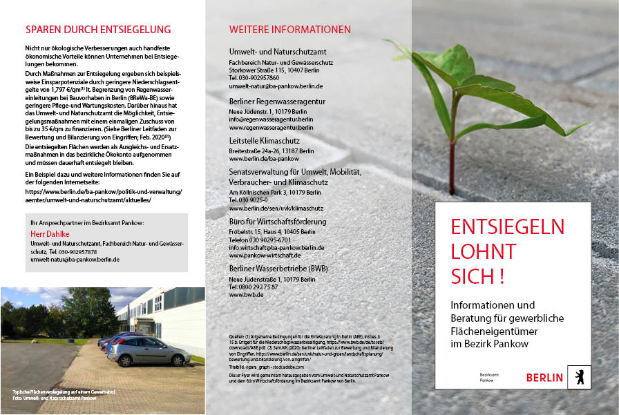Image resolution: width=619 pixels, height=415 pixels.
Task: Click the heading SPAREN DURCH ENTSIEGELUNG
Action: click(97, 30)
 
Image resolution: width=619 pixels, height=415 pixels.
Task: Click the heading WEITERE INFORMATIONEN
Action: click(290, 30)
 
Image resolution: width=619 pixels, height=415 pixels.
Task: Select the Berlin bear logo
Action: click(579, 376)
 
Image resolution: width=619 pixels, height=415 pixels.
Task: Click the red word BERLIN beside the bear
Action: click(544, 378)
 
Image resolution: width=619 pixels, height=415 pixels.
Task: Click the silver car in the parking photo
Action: click(149, 351)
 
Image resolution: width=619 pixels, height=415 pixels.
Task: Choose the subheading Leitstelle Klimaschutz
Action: click(265, 141)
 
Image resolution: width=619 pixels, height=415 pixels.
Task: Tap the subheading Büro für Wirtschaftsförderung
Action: click(278, 222)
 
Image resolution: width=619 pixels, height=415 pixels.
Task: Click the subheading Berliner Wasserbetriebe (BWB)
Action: click(278, 269)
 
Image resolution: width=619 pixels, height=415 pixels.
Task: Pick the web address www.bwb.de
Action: click(247, 295)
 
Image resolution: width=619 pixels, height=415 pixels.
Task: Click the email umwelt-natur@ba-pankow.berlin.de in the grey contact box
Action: click(75, 260)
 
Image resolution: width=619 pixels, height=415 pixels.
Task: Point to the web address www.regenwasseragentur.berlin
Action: click(272, 127)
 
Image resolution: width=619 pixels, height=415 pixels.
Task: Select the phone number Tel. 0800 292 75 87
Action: click(254, 287)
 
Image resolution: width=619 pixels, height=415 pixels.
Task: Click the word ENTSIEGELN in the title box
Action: click(507, 226)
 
